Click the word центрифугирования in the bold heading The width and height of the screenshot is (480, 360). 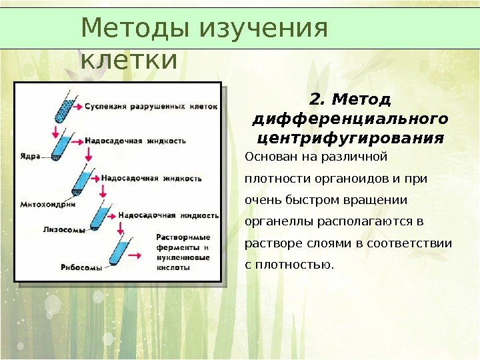tap(350, 138)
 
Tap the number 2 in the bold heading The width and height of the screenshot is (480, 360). tap(315, 100)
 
